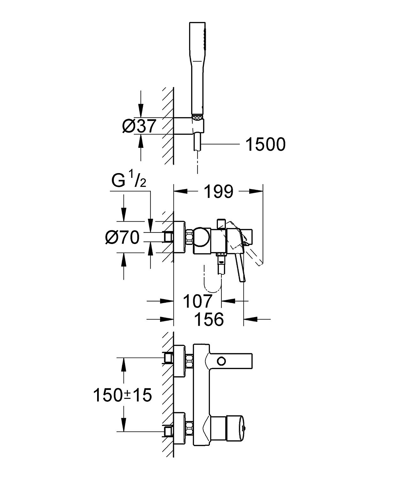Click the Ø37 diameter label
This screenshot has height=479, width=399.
pyautogui.click(x=139, y=126)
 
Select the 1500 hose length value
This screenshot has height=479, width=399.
pyautogui.click(x=265, y=144)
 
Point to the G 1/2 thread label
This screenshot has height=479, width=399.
pyautogui.click(x=129, y=181)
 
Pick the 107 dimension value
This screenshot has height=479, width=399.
pyautogui.click(x=198, y=301)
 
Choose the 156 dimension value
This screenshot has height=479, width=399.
pyautogui.click(x=209, y=319)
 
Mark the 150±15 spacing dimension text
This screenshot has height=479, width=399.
pyautogui.click(x=122, y=395)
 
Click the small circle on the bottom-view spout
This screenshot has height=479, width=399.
pyautogui.click(x=221, y=361)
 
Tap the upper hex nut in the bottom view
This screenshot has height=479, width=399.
pyautogui.click(x=189, y=361)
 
